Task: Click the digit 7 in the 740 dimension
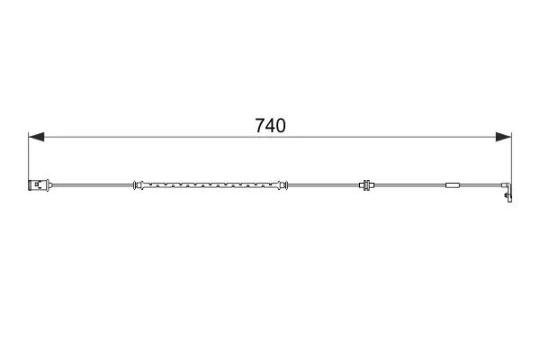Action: coord(260,125)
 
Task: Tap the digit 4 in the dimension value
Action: coord(270,125)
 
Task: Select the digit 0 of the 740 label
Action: coord(281,125)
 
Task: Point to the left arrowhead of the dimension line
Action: coord(36,137)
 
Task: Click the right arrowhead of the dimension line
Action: coord(503,137)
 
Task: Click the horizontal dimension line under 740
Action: coord(270,137)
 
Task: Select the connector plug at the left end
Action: coord(39,185)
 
